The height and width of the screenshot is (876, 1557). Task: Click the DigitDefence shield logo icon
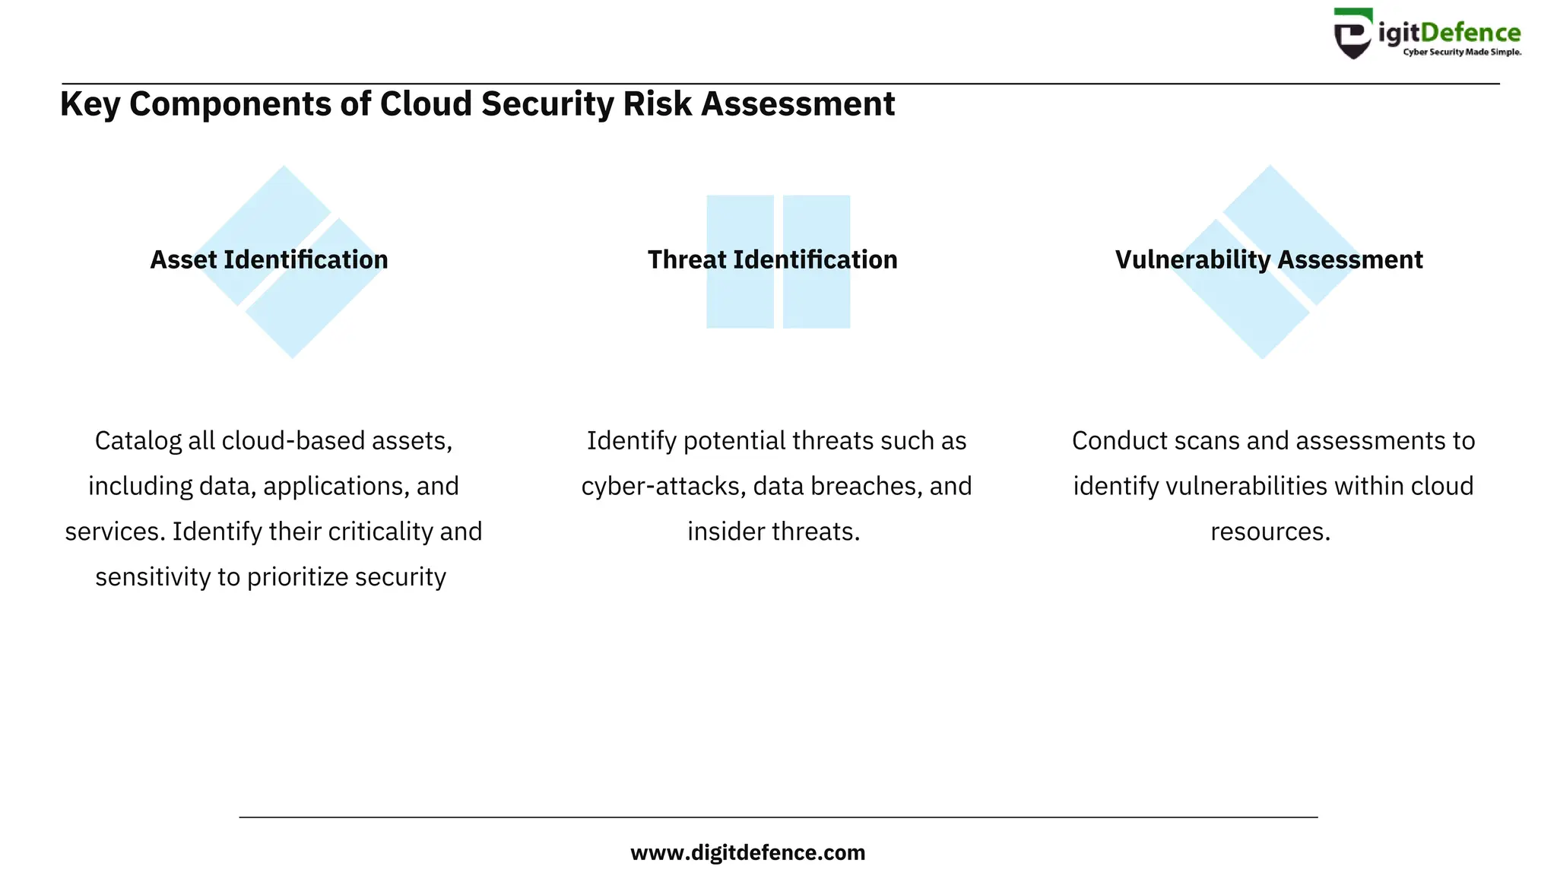(x=1354, y=34)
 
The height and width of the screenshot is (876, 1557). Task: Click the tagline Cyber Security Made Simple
(x=1461, y=52)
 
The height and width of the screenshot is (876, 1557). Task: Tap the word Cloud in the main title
(x=427, y=104)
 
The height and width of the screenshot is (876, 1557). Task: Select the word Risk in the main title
(x=658, y=104)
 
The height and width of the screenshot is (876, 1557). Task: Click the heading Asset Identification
(x=269, y=260)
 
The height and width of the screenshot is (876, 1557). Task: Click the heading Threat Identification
(x=772, y=260)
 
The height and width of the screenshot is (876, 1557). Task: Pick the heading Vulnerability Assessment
(x=1269, y=260)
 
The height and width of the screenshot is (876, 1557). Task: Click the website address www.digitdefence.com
(x=748, y=852)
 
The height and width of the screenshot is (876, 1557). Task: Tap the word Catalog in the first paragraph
(x=138, y=441)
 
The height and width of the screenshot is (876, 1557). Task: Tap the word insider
(x=726, y=532)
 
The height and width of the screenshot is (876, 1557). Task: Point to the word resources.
(x=1270, y=532)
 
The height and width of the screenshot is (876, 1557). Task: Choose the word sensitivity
(x=153, y=577)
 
